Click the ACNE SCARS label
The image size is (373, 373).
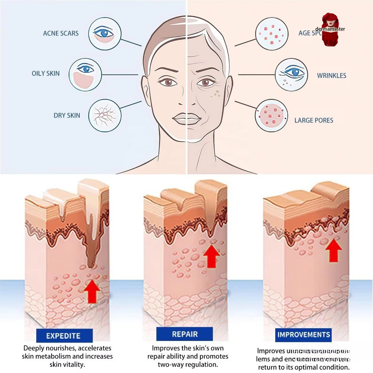(61, 33)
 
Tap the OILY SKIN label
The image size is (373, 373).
(46, 73)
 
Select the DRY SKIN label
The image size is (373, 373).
(67, 115)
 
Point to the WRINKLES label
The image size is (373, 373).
(332, 75)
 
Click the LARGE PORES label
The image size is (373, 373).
(314, 120)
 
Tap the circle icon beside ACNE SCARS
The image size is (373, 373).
(105, 34)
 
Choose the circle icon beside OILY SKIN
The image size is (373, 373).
(85, 75)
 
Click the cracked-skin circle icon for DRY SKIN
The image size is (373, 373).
(105, 115)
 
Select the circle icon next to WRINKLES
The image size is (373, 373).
(291, 75)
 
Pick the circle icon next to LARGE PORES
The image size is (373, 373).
(271, 115)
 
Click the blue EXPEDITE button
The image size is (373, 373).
(63, 336)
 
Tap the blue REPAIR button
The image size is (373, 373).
(185, 334)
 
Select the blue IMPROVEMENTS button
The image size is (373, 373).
(304, 334)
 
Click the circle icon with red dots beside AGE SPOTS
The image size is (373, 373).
(271, 34)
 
